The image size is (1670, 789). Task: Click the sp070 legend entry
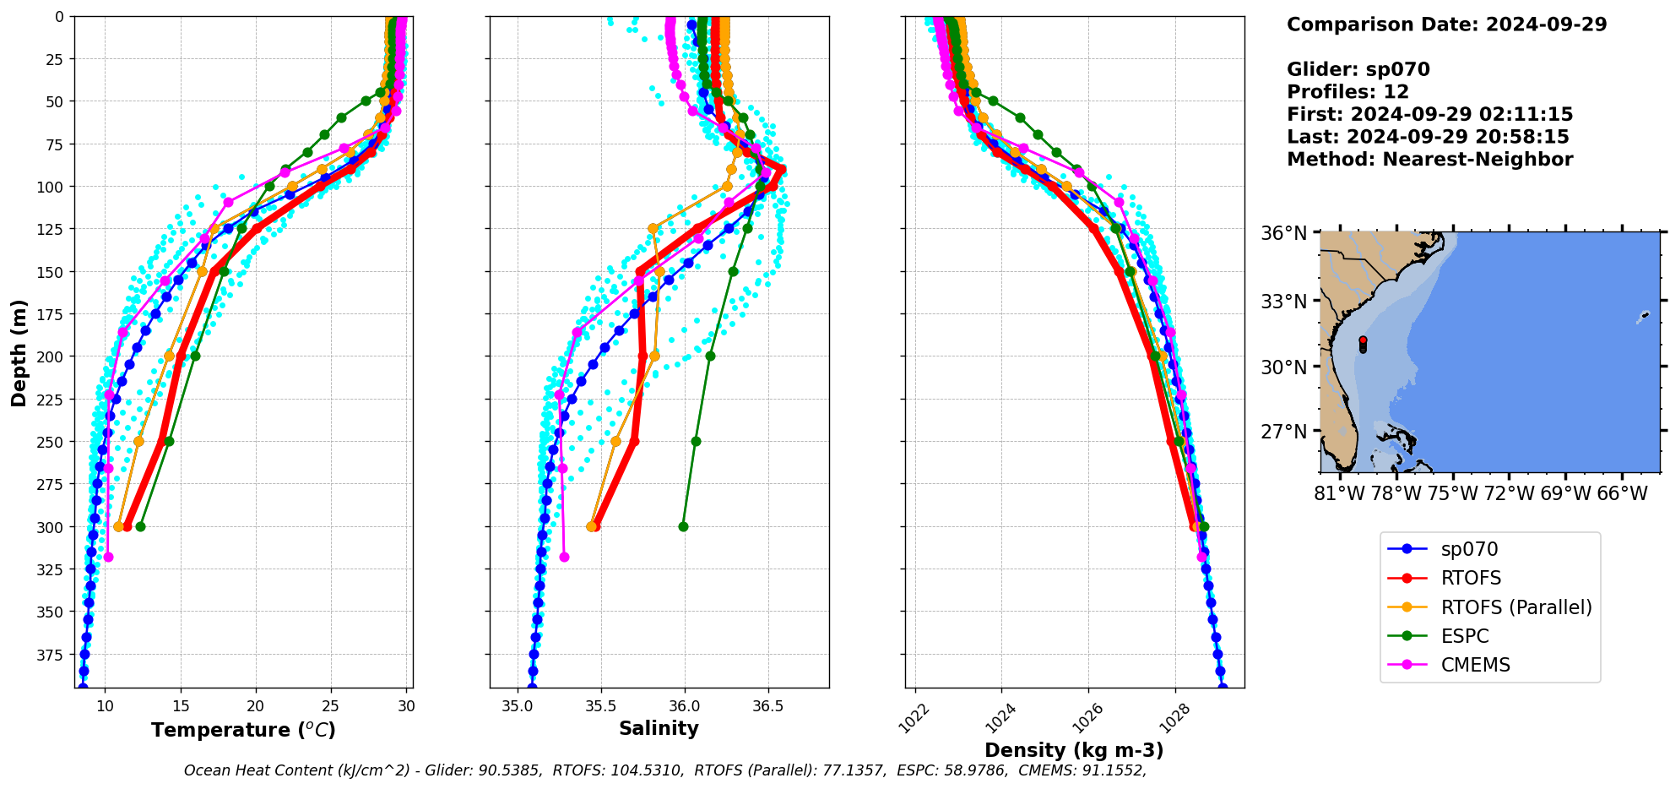pos(1468,549)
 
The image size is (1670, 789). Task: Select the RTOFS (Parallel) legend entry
pos(1515,607)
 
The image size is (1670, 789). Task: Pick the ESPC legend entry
pos(1464,636)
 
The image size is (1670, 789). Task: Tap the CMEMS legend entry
pos(1475,665)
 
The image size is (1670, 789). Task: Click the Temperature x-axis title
pos(243,730)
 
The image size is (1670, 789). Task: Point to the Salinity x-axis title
pos(659,728)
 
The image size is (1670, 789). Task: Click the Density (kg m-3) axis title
pos(1074,750)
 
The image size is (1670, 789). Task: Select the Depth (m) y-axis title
pos(19,352)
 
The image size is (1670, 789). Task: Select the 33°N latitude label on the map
pos(1283,302)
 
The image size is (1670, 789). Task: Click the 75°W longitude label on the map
pos(1452,493)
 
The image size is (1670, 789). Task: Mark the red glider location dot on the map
pos(1363,340)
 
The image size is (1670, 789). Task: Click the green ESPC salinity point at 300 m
pos(683,527)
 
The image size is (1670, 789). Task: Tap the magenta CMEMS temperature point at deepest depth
pos(108,557)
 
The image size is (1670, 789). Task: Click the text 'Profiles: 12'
pos(1347,92)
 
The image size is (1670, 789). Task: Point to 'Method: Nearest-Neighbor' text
pos(1429,160)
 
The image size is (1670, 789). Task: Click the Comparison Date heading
pos(1446,24)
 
